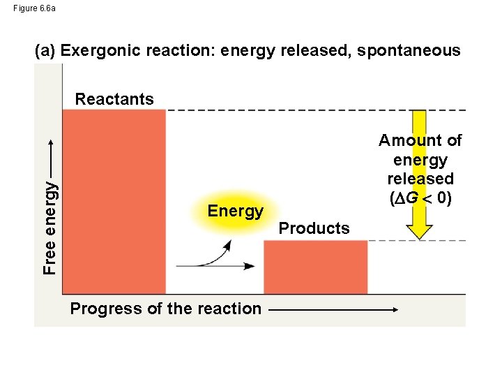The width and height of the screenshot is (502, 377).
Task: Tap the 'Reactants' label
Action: [x=114, y=99]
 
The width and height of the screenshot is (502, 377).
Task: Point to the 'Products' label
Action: [x=314, y=228]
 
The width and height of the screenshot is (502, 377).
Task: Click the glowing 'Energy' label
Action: [x=235, y=211]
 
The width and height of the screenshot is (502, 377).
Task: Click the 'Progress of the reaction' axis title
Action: [x=165, y=309]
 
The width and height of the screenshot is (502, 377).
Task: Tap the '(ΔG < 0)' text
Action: [x=420, y=199]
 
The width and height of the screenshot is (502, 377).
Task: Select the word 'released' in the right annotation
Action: [x=420, y=179]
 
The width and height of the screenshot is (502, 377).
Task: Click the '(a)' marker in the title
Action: [x=46, y=51]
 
